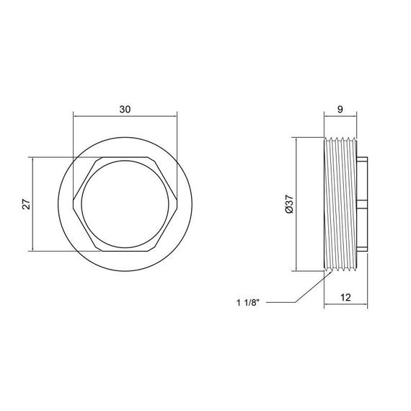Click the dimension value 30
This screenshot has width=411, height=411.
click(125, 110)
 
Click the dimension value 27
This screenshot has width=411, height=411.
click(26, 204)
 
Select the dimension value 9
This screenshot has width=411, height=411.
click(340, 110)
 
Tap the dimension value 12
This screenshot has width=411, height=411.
click(345, 298)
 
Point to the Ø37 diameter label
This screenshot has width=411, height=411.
click(289, 204)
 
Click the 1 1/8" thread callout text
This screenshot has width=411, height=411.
click(248, 303)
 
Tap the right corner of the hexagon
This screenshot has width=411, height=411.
click(177, 204)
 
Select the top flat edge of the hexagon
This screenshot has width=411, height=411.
click(125, 157)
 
